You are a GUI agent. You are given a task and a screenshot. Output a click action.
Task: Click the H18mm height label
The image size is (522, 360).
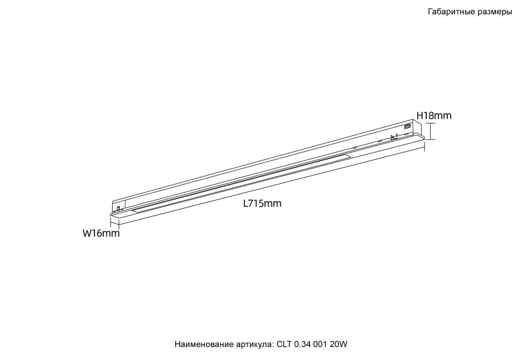coord(434,116)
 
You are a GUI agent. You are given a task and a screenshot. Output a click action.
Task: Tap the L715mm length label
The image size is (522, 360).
coord(262,203)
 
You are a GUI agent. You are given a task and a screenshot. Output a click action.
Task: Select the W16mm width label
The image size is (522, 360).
coord(101,234)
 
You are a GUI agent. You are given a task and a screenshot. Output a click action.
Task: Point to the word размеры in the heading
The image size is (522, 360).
coord(493,12)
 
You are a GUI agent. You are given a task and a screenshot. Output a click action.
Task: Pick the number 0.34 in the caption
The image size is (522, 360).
coord(302,344)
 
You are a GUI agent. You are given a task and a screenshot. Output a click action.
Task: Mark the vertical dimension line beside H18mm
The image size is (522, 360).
coord(431,131)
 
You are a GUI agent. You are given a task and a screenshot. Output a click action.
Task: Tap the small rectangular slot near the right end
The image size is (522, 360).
coord(408,127)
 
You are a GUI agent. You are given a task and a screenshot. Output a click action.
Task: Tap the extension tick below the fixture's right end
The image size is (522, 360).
coord(424,148)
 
